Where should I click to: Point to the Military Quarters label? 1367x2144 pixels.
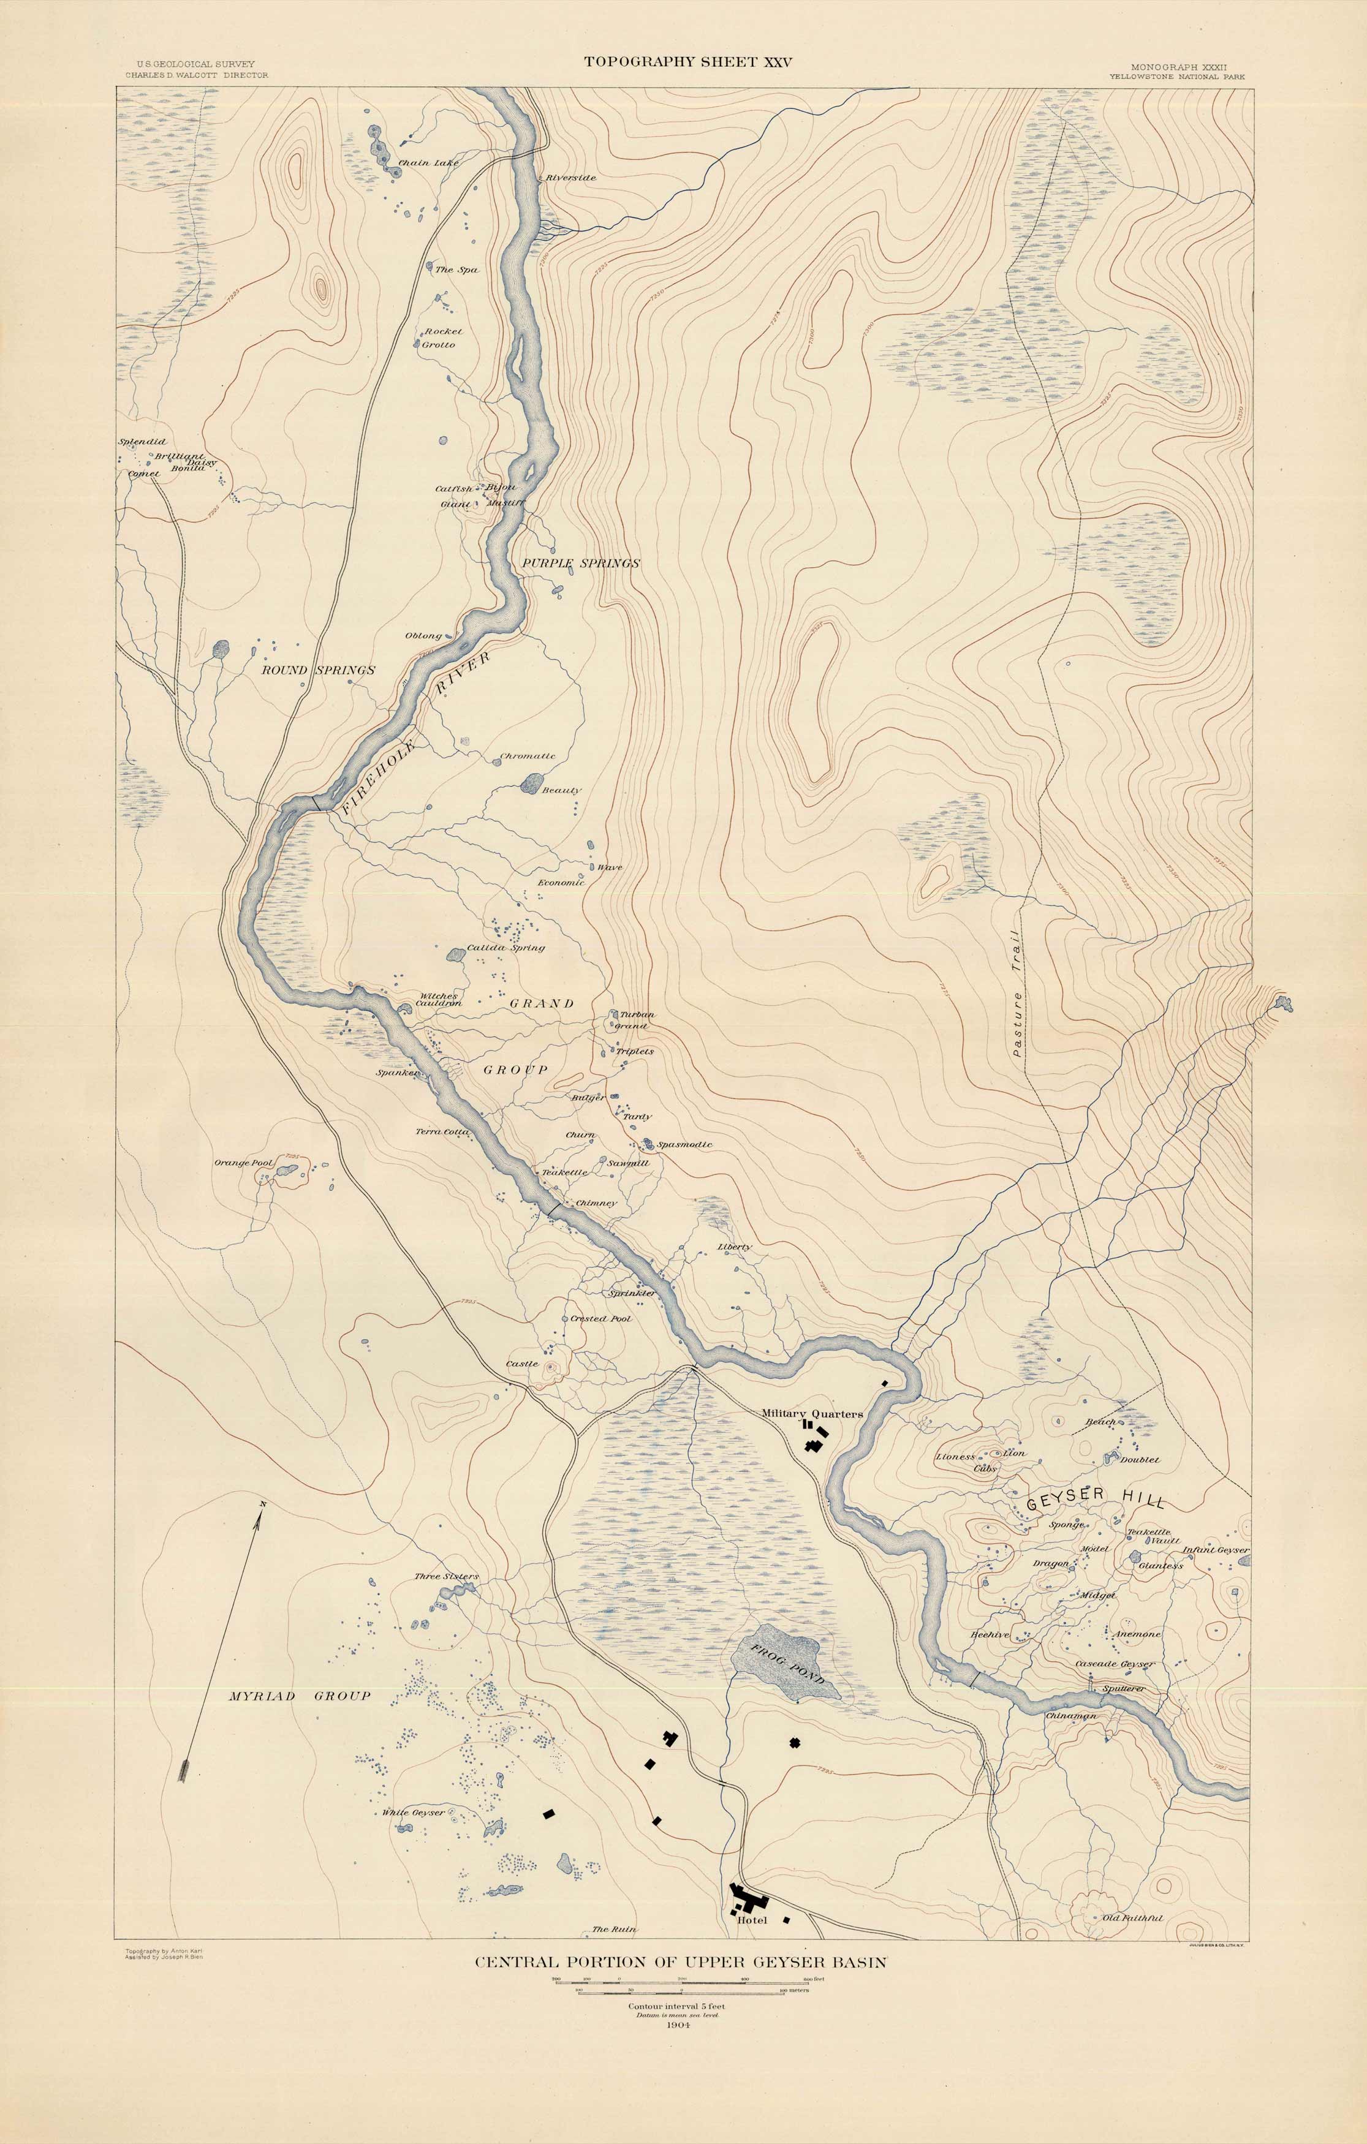[x=812, y=1413]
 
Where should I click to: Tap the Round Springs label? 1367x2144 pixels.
[x=318, y=670]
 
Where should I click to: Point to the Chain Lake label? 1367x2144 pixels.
[x=428, y=164]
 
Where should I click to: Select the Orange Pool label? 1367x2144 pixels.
[x=243, y=1163]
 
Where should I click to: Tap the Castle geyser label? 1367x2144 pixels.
[x=522, y=1364]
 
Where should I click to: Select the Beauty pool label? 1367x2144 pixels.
[x=561, y=790]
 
